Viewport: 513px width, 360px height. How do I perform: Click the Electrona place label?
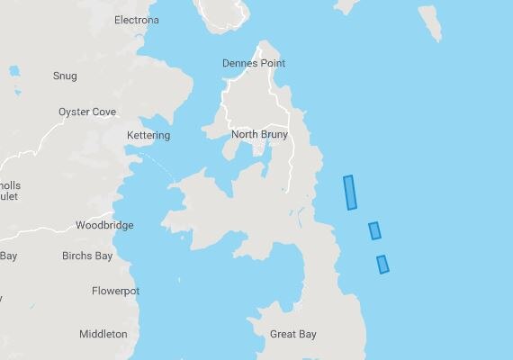point(137,20)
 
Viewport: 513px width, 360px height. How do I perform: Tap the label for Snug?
point(65,76)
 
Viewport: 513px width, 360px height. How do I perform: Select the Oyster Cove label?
point(87,112)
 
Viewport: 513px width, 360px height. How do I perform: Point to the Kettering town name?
point(148,136)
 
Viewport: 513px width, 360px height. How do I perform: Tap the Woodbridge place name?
point(104,226)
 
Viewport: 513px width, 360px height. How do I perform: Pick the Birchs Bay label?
point(87,256)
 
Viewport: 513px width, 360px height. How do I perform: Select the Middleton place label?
point(103,334)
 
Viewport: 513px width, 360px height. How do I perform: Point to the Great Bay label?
point(293,335)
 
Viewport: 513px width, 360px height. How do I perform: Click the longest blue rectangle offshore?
point(351,193)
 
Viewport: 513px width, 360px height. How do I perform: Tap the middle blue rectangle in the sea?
point(374,230)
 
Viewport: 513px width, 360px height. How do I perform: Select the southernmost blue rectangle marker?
point(382,264)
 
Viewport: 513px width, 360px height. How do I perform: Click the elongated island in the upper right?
point(429,24)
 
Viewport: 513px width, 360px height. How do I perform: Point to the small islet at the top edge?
point(346,5)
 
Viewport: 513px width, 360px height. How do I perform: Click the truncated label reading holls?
point(10,185)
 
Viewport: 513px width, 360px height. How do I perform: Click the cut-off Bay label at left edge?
point(8,256)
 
